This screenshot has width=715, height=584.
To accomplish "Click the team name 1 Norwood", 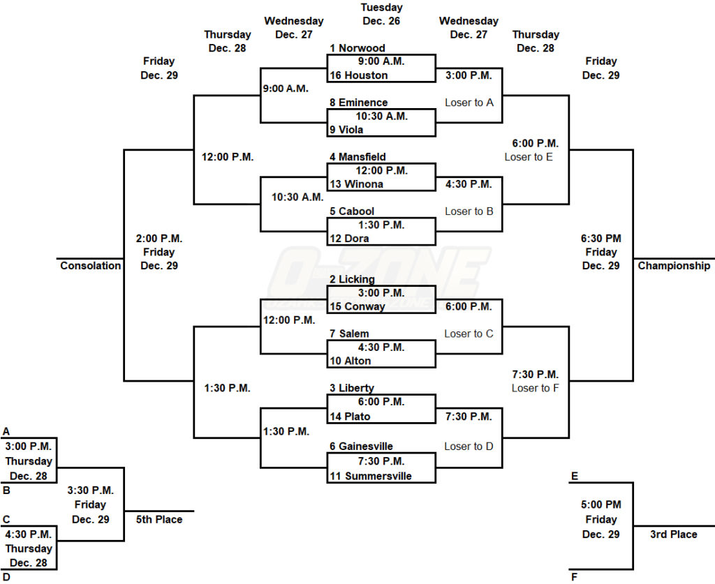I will click(357, 48).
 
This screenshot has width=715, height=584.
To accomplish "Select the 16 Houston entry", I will click(357, 75).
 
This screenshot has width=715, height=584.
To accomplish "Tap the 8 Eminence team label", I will click(358, 103).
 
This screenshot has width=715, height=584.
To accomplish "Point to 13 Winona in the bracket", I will click(357, 184).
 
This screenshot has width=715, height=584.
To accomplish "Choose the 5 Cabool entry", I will click(352, 211).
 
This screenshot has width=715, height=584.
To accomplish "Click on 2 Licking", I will click(352, 279).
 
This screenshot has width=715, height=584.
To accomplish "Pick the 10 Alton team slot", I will click(350, 361).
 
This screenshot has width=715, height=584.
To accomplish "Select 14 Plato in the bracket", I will click(350, 417).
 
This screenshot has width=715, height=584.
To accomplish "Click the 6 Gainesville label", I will click(361, 447).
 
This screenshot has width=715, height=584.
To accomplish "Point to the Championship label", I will click(674, 266).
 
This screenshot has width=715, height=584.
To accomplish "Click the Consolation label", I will click(90, 266).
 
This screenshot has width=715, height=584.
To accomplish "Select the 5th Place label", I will click(159, 519).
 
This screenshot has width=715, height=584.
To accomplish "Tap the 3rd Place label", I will click(673, 534).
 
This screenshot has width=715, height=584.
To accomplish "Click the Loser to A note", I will click(469, 103).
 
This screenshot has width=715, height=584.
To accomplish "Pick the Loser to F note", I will click(535, 388).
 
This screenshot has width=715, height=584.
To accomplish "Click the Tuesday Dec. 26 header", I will click(381, 14).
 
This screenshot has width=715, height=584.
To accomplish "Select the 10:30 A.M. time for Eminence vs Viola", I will click(381, 116).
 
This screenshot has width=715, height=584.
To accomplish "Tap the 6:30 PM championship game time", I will click(600, 239).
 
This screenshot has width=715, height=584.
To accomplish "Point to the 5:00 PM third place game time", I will click(600, 504).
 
